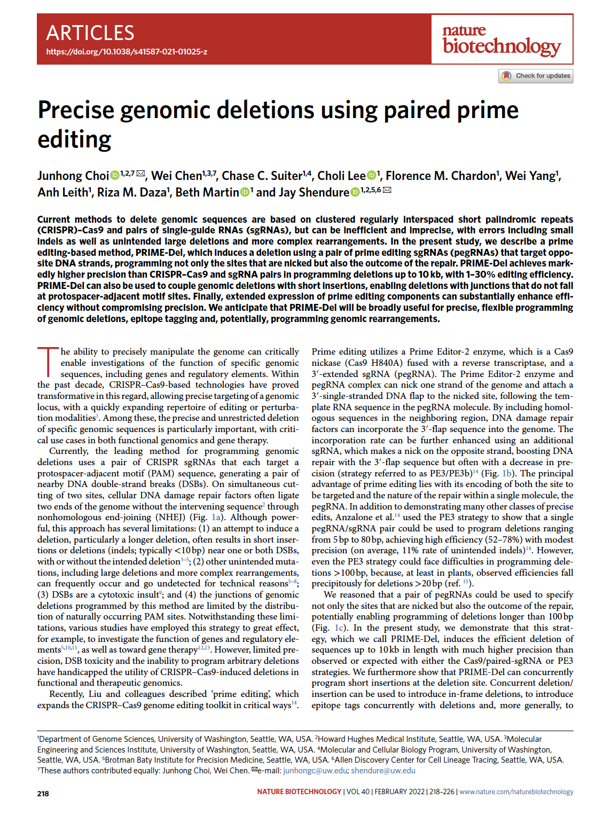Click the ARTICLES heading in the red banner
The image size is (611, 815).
90,33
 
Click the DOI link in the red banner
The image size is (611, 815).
127,52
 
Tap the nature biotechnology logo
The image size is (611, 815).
502,40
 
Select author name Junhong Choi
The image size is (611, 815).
73,176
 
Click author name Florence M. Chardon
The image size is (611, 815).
441,176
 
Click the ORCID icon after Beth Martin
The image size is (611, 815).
245,192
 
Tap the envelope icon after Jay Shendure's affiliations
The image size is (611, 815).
387,190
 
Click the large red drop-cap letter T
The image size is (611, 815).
48,361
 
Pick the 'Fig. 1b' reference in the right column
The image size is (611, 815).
499,473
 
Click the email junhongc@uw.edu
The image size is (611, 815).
315,770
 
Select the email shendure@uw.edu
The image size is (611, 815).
383,770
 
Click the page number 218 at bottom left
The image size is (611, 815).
43,794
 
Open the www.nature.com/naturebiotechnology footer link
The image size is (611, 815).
516,792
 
